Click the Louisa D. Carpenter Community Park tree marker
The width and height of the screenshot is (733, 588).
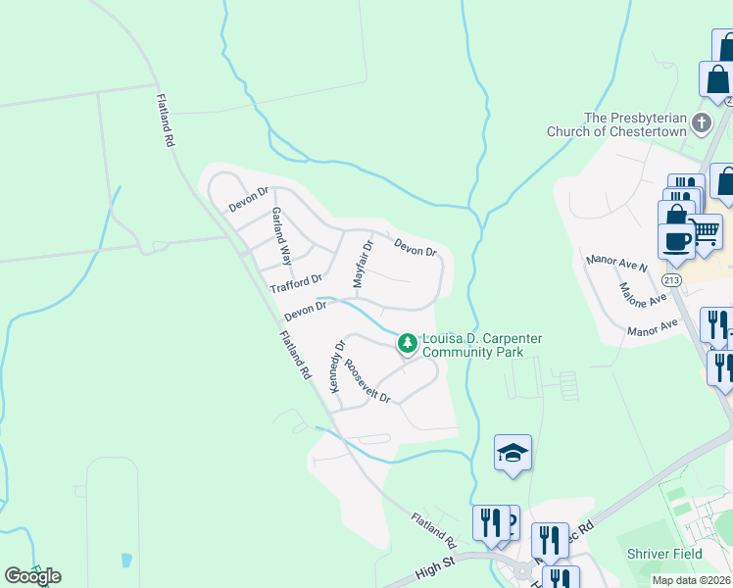(x=407, y=344)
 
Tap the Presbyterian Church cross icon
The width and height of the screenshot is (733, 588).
(x=701, y=123)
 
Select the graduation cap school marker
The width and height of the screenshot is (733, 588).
(x=513, y=454)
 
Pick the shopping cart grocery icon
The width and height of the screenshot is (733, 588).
(x=705, y=232)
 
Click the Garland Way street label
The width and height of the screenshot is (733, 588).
(x=282, y=236)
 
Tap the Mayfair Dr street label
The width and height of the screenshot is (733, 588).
(x=363, y=262)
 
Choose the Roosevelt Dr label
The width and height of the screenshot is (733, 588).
(x=366, y=381)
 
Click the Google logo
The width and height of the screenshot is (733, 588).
(x=32, y=575)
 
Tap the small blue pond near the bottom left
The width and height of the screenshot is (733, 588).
(x=126, y=562)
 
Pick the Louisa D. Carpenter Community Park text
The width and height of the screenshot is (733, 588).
(x=481, y=345)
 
